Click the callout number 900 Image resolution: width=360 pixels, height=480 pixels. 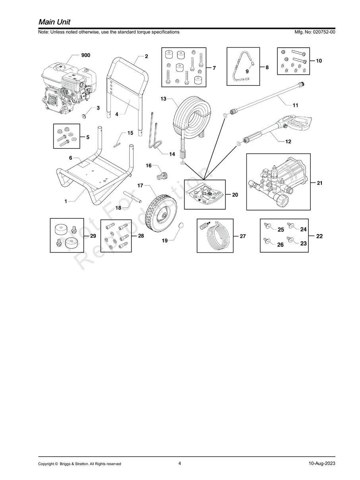(85, 55)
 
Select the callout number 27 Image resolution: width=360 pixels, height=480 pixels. (243, 236)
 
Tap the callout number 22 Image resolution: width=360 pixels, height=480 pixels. (319, 236)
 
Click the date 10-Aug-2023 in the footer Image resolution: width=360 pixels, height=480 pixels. (321, 464)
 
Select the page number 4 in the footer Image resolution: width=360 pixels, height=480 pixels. (180, 463)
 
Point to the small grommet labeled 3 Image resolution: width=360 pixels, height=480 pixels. (84, 116)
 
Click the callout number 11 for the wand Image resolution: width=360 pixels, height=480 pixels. (295, 105)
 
